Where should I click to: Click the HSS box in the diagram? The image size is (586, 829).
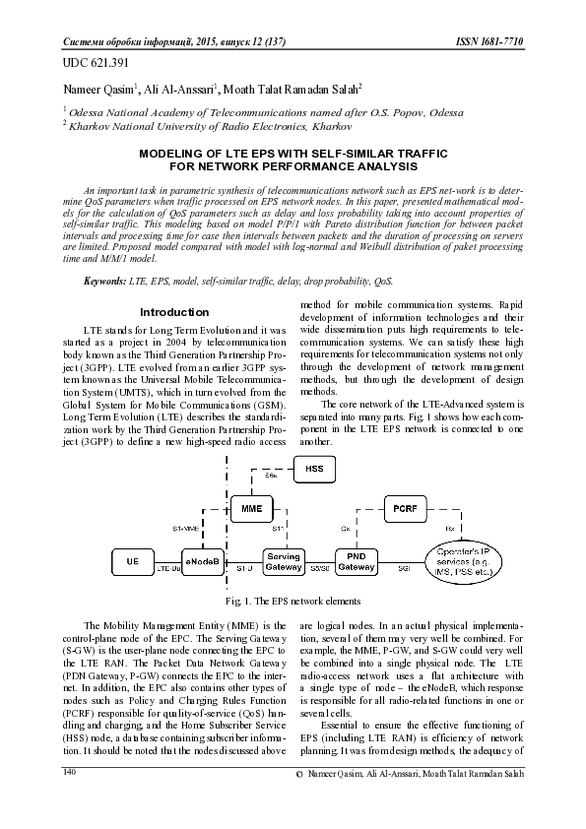click(313, 469)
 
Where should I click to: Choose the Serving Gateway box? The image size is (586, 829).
click(284, 562)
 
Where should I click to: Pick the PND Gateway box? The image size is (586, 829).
click(355, 562)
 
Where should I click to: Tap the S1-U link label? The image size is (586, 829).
click(244, 569)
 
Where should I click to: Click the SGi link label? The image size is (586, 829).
click(404, 569)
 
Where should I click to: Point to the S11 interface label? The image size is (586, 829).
click(279, 529)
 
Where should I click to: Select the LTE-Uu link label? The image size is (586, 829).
click(169, 569)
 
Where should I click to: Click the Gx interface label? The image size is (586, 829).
click(346, 529)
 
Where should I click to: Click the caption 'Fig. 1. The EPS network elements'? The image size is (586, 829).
click(293, 600)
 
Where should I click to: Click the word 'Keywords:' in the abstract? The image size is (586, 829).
click(104, 282)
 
